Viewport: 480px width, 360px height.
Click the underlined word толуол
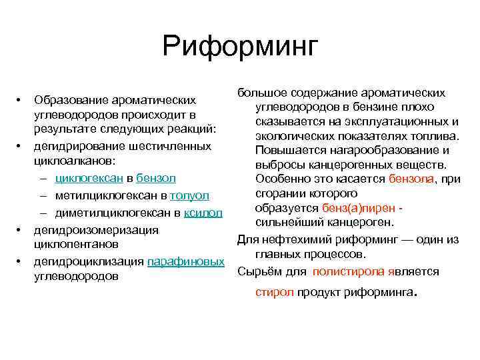pos(190,196)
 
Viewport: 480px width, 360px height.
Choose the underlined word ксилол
pos(203,213)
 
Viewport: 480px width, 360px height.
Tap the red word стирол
pos(274,293)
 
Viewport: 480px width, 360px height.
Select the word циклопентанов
pos(76,244)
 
